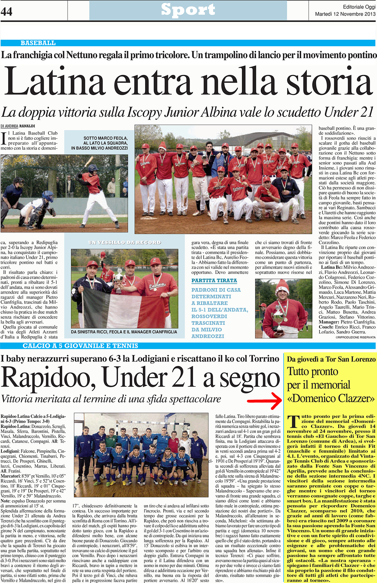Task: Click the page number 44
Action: point(7,12)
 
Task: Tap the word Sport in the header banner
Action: point(188,10)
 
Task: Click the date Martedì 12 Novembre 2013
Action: point(345,14)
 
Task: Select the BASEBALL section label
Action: point(38,43)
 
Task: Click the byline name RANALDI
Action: point(27,126)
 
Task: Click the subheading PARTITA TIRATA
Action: point(214,281)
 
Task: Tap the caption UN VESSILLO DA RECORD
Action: point(125,242)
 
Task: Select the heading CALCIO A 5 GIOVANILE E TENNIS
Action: point(80,346)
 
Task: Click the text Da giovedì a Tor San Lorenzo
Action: point(331,359)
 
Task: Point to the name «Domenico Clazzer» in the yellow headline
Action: point(331,399)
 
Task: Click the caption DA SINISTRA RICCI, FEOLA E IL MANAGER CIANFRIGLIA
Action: point(124,332)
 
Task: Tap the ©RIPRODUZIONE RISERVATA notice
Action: point(355,337)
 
